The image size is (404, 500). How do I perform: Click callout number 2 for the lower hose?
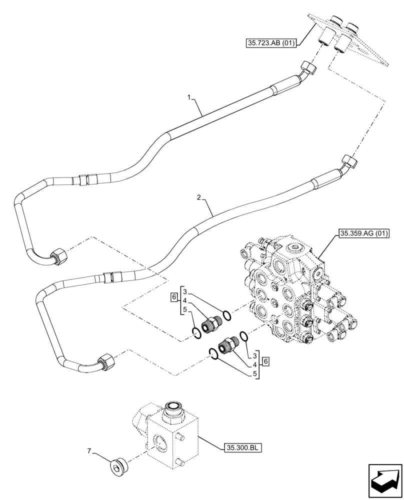click(199, 198)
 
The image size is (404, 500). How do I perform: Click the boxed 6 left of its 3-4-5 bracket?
click(173, 297)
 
